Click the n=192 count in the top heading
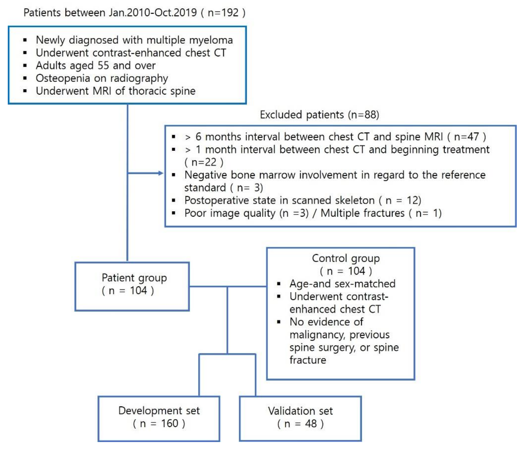[223, 13]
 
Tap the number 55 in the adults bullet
[103, 66]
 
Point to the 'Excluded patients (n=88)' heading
[319, 115]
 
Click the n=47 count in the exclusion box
[467, 137]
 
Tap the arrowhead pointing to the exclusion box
[161, 173]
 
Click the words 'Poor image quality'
[230, 213]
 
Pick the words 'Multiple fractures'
[362, 213]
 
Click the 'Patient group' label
[134, 278]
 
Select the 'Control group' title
[346, 258]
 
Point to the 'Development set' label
[159, 410]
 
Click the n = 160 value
[159, 423]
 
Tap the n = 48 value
[300, 424]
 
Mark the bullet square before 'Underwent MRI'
[25, 91]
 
